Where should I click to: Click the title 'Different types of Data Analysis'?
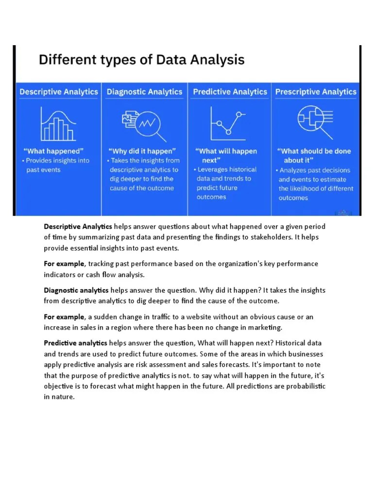(141, 61)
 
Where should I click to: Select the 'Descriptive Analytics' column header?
(59, 92)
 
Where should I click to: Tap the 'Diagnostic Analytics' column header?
(144, 92)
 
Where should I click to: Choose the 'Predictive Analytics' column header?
(230, 92)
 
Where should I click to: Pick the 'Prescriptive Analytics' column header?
(316, 92)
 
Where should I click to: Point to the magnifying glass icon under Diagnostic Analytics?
(145, 124)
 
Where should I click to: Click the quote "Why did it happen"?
(142, 151)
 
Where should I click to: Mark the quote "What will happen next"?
(226, 155)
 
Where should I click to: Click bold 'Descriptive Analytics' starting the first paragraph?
(78, 227)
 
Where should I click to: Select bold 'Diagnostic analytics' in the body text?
(76, 290)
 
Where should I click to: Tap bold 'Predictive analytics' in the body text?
(76, 343)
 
